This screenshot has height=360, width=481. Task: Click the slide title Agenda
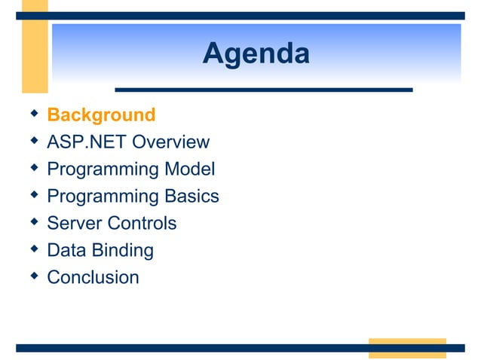[x=256, y=54]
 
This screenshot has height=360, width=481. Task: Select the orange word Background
[x=101, y=115]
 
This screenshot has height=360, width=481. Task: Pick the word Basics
[x=191, y=197]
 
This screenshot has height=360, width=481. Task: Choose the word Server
[x=75, y=224]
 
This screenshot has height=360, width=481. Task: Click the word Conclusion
[x=93, y=278]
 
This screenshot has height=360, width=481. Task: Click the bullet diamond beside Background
[x=32, y=114]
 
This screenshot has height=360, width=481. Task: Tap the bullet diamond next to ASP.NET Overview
[x=32, y=141]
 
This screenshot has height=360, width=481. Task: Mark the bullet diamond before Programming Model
[x=32, y=168]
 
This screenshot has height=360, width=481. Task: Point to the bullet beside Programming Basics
[x=32, y=195]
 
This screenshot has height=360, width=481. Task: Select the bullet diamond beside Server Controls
[x=32, y=222]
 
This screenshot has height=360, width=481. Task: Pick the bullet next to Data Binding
[x=32, y=249]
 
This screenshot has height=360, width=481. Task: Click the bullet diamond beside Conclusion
[x=32, y=276]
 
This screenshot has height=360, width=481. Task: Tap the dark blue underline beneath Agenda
[x=263, y=90]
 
